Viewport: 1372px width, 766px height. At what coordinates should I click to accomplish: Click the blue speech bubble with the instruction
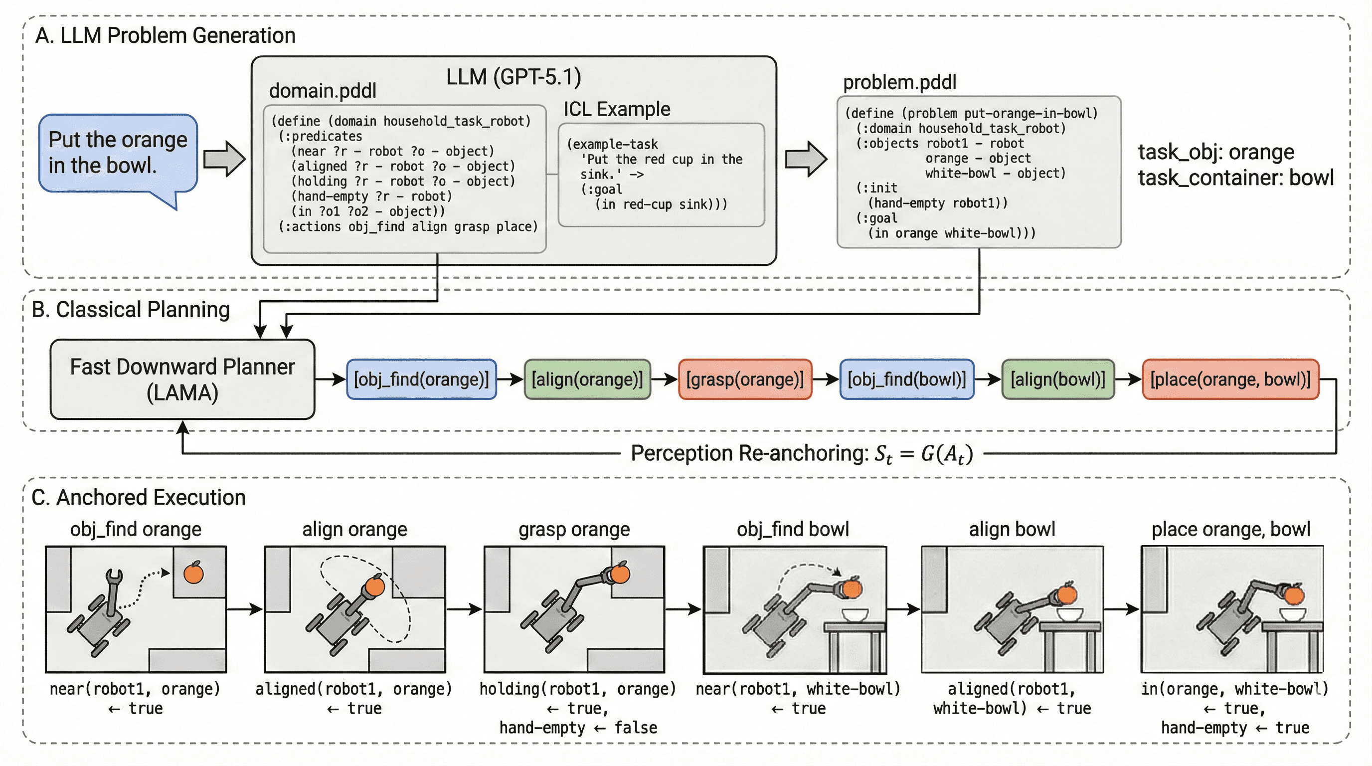pos(118,153)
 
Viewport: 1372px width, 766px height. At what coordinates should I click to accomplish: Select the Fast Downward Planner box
pos(182,380)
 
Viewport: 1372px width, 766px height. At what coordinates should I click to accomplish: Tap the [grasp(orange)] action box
pos(745,380)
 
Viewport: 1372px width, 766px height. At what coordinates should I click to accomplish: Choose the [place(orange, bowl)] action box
pos(1230,380)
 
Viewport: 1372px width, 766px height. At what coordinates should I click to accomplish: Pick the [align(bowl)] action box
pos(1058,380)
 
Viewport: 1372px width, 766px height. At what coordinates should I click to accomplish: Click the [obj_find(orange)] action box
pos(421,380)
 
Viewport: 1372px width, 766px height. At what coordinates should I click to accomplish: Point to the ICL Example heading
pos(617,109)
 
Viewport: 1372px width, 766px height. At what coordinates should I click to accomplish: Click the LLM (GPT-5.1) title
pos(514,77)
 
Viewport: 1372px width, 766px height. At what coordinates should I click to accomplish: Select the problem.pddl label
pos(899,83)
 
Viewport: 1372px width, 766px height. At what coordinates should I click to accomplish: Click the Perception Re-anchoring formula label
pos(802,454)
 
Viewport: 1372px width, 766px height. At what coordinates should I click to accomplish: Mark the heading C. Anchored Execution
pos(139,498)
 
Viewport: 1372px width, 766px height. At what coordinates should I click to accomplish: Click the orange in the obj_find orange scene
pos(193,573)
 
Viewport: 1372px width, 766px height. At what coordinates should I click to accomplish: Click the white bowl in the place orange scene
pos(1293,615)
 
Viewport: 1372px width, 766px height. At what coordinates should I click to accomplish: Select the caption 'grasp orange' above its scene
pos(574,530)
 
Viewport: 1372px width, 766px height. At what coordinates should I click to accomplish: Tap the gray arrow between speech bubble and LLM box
pos(224,159)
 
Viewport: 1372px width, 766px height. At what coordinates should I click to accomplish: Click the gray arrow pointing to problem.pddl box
pos(806,159)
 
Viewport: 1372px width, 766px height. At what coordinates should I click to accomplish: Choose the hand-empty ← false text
pos(578,728)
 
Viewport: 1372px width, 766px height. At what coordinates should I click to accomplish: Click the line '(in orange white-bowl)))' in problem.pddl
pos(951,233)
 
